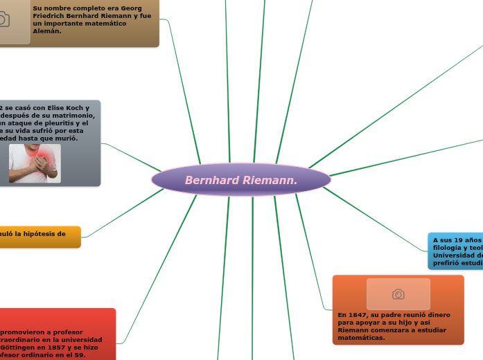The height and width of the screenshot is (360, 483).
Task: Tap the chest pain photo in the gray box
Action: coord(35,163)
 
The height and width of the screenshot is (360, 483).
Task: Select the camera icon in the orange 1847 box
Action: coord(398,294)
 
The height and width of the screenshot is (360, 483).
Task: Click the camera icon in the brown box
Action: coord(4,19)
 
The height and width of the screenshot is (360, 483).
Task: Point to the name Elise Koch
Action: coord(62,108)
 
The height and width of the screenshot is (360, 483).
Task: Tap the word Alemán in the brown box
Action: coord(47,31)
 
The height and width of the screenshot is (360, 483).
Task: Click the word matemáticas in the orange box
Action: coord(361,338)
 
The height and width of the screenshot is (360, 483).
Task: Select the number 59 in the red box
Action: coord(79,355)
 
